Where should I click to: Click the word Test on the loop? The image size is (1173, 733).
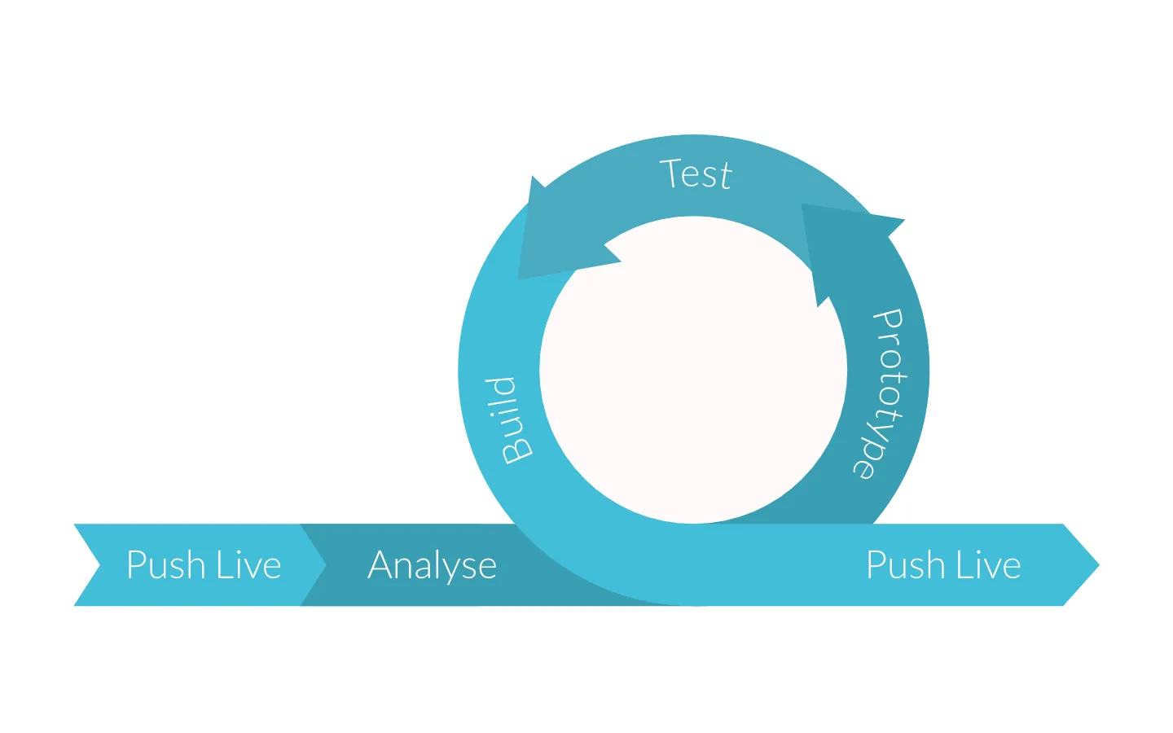[x=696, y=174]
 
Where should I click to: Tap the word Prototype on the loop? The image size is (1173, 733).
[x=881, y=394]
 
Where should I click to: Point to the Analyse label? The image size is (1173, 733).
[x=432, y=566]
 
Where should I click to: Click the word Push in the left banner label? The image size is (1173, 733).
[x=165, y=565]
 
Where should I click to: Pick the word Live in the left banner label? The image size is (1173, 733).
[x=248, y=565]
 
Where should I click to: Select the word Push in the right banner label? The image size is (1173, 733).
[x=905, y=565]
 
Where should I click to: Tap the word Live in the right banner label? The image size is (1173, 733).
[x=988, y=565]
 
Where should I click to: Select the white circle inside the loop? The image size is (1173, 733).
[x=693, y=370]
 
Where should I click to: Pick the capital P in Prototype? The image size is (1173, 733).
[x=889, y=321]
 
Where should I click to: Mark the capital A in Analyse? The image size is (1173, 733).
[x=383, y=564]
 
